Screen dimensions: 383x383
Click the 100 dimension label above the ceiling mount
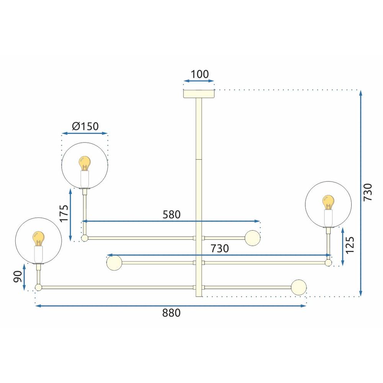199,74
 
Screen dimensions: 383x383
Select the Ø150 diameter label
85,126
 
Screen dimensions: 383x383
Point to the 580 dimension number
171,214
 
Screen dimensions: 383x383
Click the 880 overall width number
171,313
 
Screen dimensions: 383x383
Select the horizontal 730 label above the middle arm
219,249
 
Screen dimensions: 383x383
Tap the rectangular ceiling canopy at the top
199,93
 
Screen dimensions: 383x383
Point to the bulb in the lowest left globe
38,239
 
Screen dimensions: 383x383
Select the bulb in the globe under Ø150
84,164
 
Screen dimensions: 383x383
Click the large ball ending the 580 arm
252,238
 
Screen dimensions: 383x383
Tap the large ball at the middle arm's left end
114,263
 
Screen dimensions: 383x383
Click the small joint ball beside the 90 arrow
38,287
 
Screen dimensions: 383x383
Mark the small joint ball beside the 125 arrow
328,263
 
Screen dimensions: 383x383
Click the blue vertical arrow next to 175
70,215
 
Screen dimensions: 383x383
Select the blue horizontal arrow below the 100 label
199,81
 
